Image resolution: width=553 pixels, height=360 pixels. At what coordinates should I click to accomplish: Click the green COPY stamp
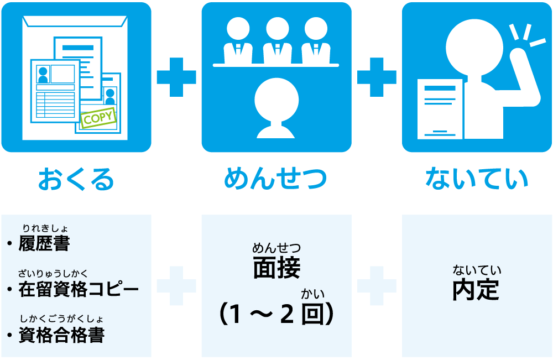click(x=99, y=118)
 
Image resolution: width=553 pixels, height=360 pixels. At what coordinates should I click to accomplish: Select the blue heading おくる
click(x=76, y=179)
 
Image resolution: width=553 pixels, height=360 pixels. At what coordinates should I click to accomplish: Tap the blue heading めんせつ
click(x=276, y=179)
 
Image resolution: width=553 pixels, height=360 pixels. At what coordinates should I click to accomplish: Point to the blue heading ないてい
click(x=477, y=179)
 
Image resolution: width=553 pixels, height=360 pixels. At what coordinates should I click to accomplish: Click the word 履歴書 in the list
click(x=44, y=244)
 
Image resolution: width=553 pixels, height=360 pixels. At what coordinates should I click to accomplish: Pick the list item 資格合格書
click(x=61, y=335)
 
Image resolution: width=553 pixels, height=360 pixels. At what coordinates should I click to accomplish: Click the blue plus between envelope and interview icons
click(x=176, y=76)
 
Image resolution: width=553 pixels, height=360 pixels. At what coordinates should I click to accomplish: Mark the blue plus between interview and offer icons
click(x=377, y=76)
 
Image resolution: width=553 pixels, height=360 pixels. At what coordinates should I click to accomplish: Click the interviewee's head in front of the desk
click(x=276, y=100)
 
